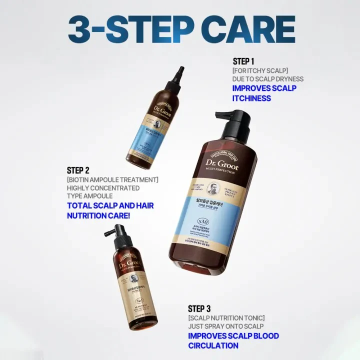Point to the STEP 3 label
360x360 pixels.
pos(203,308)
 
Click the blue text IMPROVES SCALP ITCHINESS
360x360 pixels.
pos(264,93)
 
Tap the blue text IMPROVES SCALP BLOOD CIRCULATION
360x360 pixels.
pos(233,340)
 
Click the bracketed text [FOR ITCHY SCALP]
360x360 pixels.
pos(260,70)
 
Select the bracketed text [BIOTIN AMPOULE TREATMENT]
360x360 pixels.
pos(112,179)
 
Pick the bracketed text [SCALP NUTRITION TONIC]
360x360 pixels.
pos(226,317)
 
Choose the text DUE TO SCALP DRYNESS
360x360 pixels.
pos(268,79)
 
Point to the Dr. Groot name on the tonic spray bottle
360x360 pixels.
pos(128,263)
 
